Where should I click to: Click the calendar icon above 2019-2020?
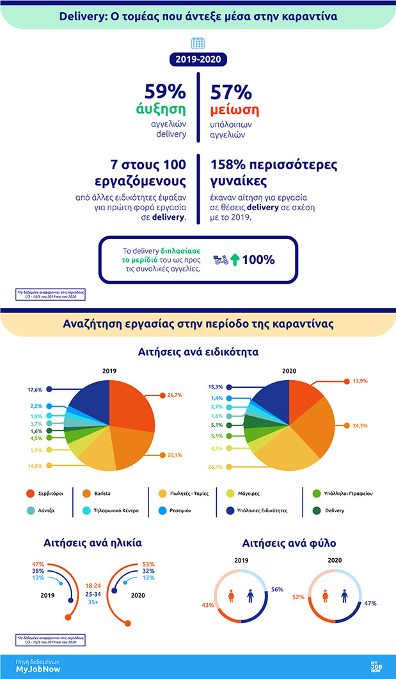(198, 43)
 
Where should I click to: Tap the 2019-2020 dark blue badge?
(198, 60)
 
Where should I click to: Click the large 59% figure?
(165, 92)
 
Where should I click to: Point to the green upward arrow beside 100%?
(236, 260)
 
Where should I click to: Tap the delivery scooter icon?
(221, 260)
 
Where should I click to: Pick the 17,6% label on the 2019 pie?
(35, 389)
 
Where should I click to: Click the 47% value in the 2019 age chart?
(37, 564)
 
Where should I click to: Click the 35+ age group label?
(93, 602)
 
